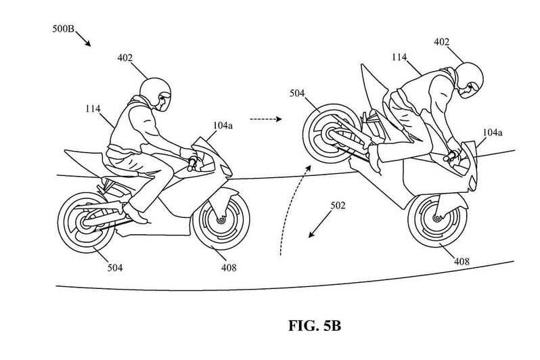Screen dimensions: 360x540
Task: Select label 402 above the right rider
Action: click(x=460, y=42)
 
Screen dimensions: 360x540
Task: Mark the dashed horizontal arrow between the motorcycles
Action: click(x=265, y=118)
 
